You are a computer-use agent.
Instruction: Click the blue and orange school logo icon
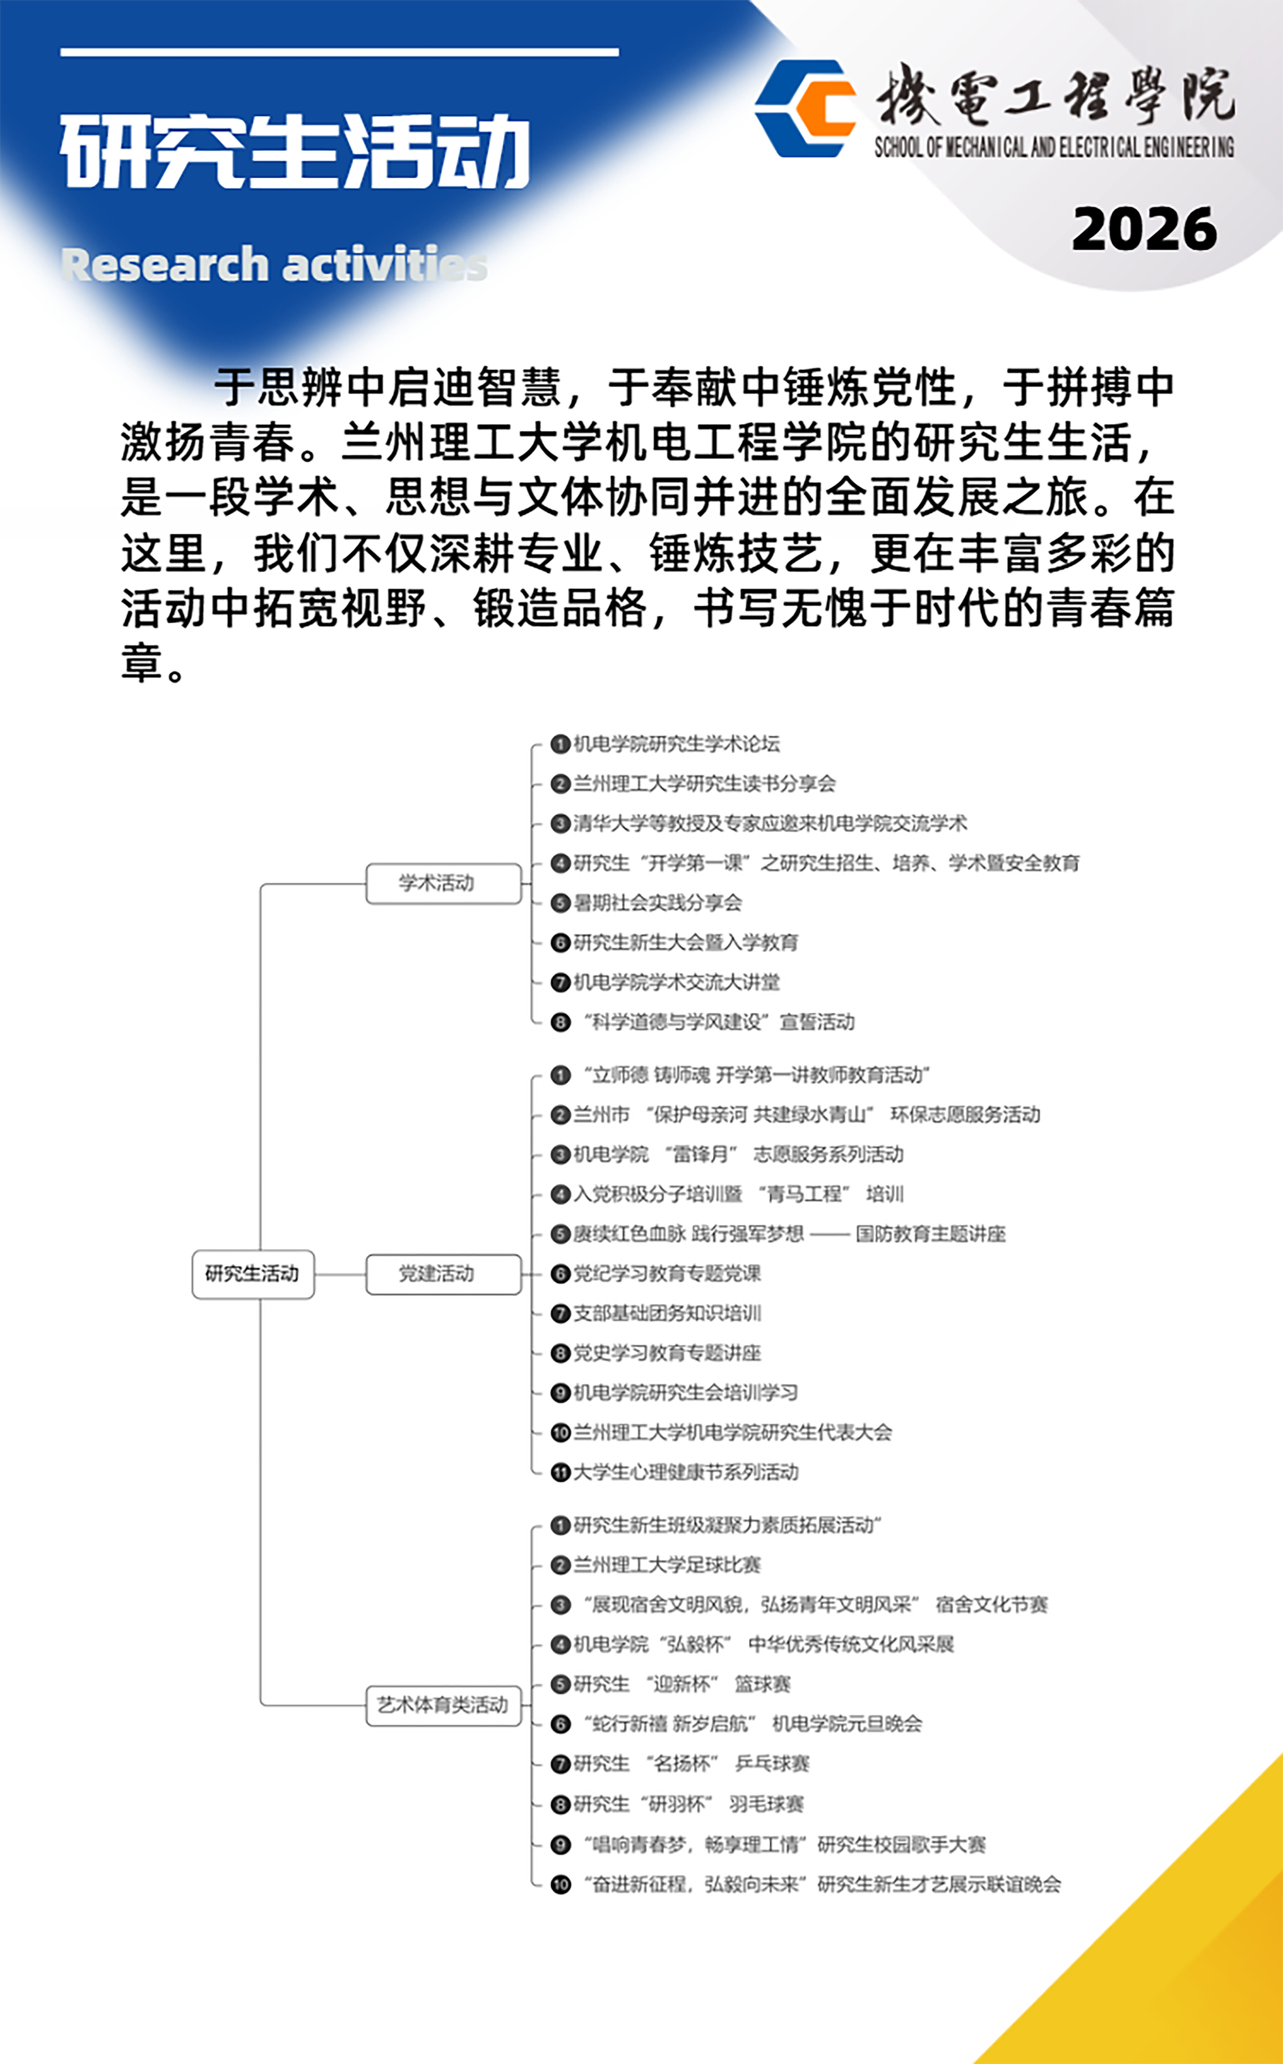pyautogui.click(x=804, y=108)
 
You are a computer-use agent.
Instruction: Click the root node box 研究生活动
pyautogui.click(x=253, y=1274)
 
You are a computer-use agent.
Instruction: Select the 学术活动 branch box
pyautogui.click(x=443, y=884)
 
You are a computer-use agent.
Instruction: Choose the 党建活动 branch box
pyautogui.click(x=443, y=1274)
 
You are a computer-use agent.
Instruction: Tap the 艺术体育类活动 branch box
pyautogui.click(x=443, y=1705)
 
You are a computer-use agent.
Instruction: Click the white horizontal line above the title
pyautogui.click(x=340, y=53)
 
